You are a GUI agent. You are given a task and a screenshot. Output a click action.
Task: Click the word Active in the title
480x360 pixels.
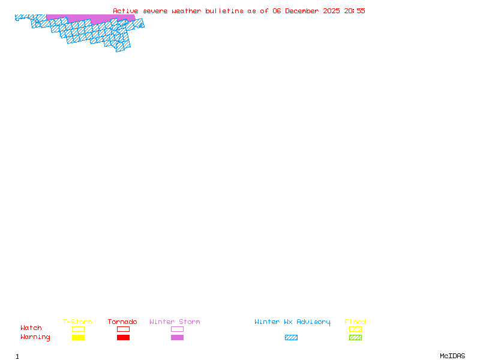(126, 11)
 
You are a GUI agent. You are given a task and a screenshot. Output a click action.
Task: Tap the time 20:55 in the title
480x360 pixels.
(355, 11)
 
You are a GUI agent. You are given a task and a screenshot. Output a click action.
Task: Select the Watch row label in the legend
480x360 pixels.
(31, 328)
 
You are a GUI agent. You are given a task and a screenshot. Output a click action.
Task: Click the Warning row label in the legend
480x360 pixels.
(35, 337)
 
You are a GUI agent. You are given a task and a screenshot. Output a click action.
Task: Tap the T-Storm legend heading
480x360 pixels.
(77, 322)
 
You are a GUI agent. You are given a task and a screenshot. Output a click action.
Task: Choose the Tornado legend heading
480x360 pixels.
(122, 322)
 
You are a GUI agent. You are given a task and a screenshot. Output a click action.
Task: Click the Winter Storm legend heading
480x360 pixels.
(175, 322)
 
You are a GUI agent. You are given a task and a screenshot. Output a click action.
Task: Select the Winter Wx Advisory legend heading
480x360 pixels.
(292, 322)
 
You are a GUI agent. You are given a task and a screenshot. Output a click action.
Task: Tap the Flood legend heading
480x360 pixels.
(355, 322)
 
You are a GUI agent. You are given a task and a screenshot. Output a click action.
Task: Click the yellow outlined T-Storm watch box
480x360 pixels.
(78, 329)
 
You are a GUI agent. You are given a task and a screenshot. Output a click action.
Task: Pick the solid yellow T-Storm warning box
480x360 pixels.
(78, 338)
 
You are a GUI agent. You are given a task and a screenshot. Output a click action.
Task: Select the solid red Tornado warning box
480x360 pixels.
(123, 338)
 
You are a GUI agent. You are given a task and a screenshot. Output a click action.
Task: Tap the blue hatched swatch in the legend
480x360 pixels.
(291, 338)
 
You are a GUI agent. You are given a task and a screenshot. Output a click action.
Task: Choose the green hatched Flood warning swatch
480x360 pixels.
(355, 338)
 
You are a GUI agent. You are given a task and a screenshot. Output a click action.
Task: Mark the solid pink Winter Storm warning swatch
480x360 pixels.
(177, 338)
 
